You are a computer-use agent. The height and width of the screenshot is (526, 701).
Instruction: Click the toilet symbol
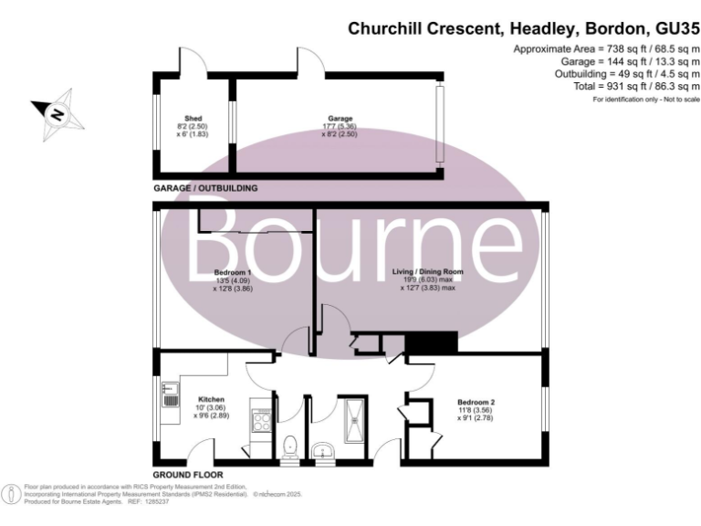pyautogui.click(x=291, y=446)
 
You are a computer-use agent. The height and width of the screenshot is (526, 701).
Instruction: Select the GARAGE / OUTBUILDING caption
pyautogui.click(x=205, y=188)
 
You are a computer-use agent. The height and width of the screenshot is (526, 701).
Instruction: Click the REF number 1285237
pyautogui.click(x=156, y=502)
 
